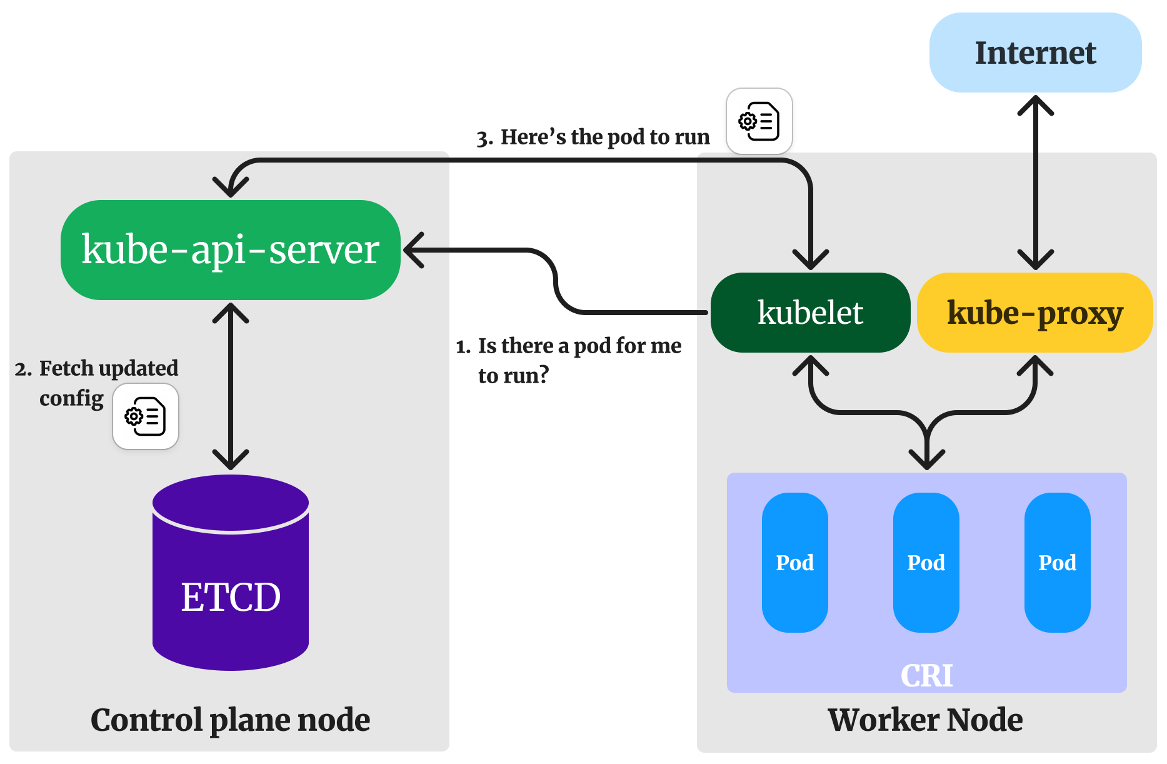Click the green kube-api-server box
point(230,249)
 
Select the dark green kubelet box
point(810,312)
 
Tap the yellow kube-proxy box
point(1034,312)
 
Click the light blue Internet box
point(1035,53)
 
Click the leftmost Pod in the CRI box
point(794,562)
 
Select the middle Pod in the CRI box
point(926,562)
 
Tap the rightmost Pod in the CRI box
point(1057,562)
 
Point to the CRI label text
point(926,675)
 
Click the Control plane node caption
point(230,720)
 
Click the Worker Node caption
point(925,720)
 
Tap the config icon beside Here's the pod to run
point(759,121)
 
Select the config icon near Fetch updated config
point(145,416)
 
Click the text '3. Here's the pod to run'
point(593,137)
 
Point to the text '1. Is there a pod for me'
point(568,346)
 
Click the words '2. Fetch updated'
point(97,368)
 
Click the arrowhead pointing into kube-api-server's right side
point(413,250)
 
